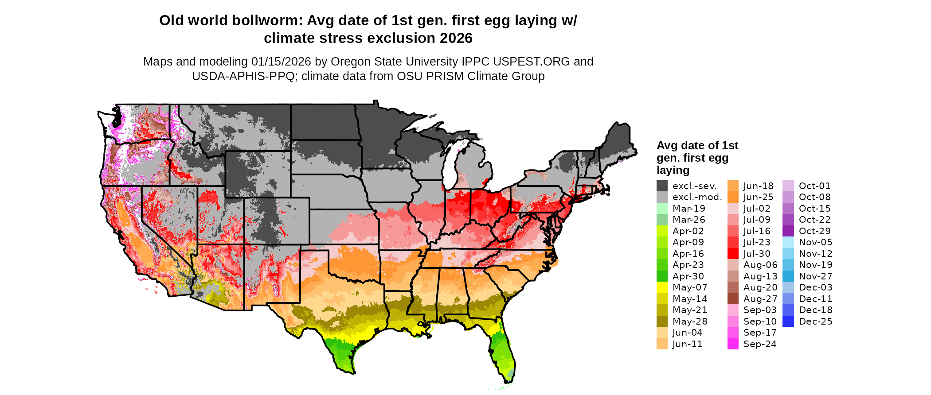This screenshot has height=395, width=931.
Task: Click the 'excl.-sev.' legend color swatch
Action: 662,186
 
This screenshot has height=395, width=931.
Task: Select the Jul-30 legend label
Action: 757,254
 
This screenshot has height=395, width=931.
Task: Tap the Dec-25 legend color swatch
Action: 788,321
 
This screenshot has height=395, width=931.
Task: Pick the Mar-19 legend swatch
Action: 662,209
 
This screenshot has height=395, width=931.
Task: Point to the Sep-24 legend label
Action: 760,344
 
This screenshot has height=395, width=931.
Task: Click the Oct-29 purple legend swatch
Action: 788,231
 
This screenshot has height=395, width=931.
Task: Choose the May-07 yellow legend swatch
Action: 662,287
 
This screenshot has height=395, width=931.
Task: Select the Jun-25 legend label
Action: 758,197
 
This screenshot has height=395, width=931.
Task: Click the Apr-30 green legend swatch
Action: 662,276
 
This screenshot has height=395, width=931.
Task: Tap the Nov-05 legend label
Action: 815,242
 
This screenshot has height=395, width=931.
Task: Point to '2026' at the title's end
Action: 456,39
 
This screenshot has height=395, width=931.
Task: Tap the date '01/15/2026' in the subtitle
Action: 281,62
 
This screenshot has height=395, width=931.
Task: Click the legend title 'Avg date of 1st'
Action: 697,146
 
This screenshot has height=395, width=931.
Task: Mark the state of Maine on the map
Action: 618,142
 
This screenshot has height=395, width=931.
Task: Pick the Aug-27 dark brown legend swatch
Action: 733,299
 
